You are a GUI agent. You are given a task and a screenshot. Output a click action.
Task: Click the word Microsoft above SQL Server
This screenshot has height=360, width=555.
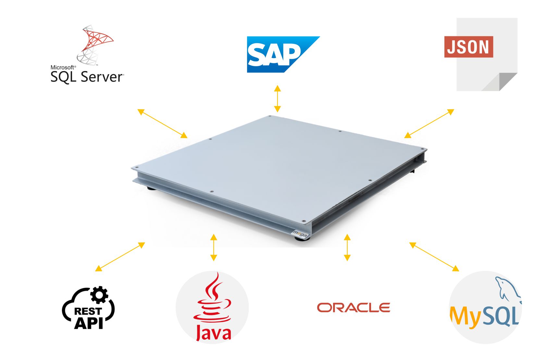click(63, 67)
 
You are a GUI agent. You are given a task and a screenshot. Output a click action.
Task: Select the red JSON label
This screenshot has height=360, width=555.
click(468, 47)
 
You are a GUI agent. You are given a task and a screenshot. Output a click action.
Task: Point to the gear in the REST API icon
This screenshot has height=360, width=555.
click(99, 294)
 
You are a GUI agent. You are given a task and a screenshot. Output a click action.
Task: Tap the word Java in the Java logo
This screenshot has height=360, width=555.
click(213, 333)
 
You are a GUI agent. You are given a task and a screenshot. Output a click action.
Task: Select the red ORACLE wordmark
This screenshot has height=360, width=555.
click(353, 307)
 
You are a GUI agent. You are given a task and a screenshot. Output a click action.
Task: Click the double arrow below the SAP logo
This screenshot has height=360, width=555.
click(277, 99)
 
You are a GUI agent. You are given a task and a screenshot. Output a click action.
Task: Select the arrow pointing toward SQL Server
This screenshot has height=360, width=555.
click(162, 124)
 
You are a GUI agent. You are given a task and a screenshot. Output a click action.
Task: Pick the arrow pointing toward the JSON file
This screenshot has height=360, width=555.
click(429, 124)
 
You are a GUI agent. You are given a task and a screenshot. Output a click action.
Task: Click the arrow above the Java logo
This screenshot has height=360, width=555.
click(214, 247)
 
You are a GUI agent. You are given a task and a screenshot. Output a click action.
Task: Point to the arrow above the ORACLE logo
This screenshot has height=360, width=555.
click(347, 247)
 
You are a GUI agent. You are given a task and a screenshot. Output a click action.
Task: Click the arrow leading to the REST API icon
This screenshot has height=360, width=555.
click(120, 257)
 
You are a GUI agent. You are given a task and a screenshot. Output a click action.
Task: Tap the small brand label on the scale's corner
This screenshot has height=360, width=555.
click(299, 233)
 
